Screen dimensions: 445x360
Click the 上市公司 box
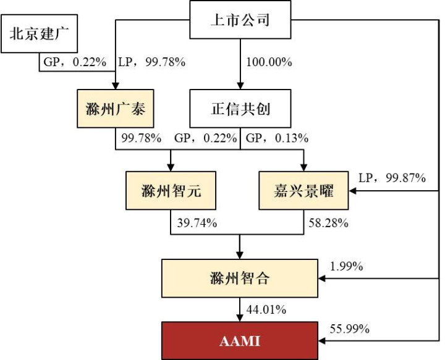coord(240,20)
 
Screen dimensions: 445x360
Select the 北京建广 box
coord(39,34)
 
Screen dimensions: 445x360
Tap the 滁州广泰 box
coord(115,109)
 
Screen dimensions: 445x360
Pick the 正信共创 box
coord(240,109)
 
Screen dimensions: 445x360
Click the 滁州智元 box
coord(171,190)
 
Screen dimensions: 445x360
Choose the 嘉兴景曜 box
coord(303,190)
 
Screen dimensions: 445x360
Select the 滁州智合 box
coord(240,278)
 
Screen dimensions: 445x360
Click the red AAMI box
coord(240,341)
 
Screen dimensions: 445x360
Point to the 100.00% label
coord(269,62)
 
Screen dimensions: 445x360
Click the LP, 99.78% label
coord(152,62)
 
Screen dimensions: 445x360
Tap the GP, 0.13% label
coord(277,138)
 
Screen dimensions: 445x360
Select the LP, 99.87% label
coord(392,178)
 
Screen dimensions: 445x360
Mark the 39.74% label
coord(197,223)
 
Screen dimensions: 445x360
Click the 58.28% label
coord(328,223)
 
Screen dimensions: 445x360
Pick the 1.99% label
coord(346,266)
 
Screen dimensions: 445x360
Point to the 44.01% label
coord(266,309)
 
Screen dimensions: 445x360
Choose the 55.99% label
coord(349,329)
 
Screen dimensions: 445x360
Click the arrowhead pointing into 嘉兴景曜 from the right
coord(352,191)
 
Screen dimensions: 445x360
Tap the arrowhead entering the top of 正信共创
coord(240,86)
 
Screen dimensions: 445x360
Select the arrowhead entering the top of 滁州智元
coord(171,167)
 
